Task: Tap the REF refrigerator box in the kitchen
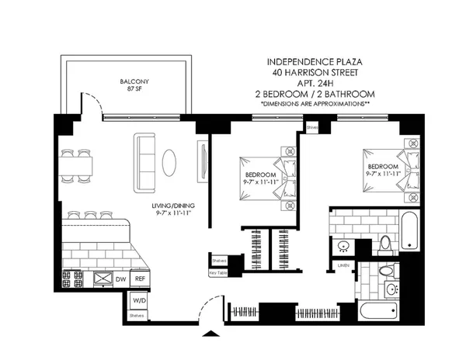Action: (140, 277)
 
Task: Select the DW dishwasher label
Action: (120, 277)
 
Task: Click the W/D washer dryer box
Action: (137, 300)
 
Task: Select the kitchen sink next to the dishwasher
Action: (101, 277)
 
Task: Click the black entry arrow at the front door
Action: (208, 334)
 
